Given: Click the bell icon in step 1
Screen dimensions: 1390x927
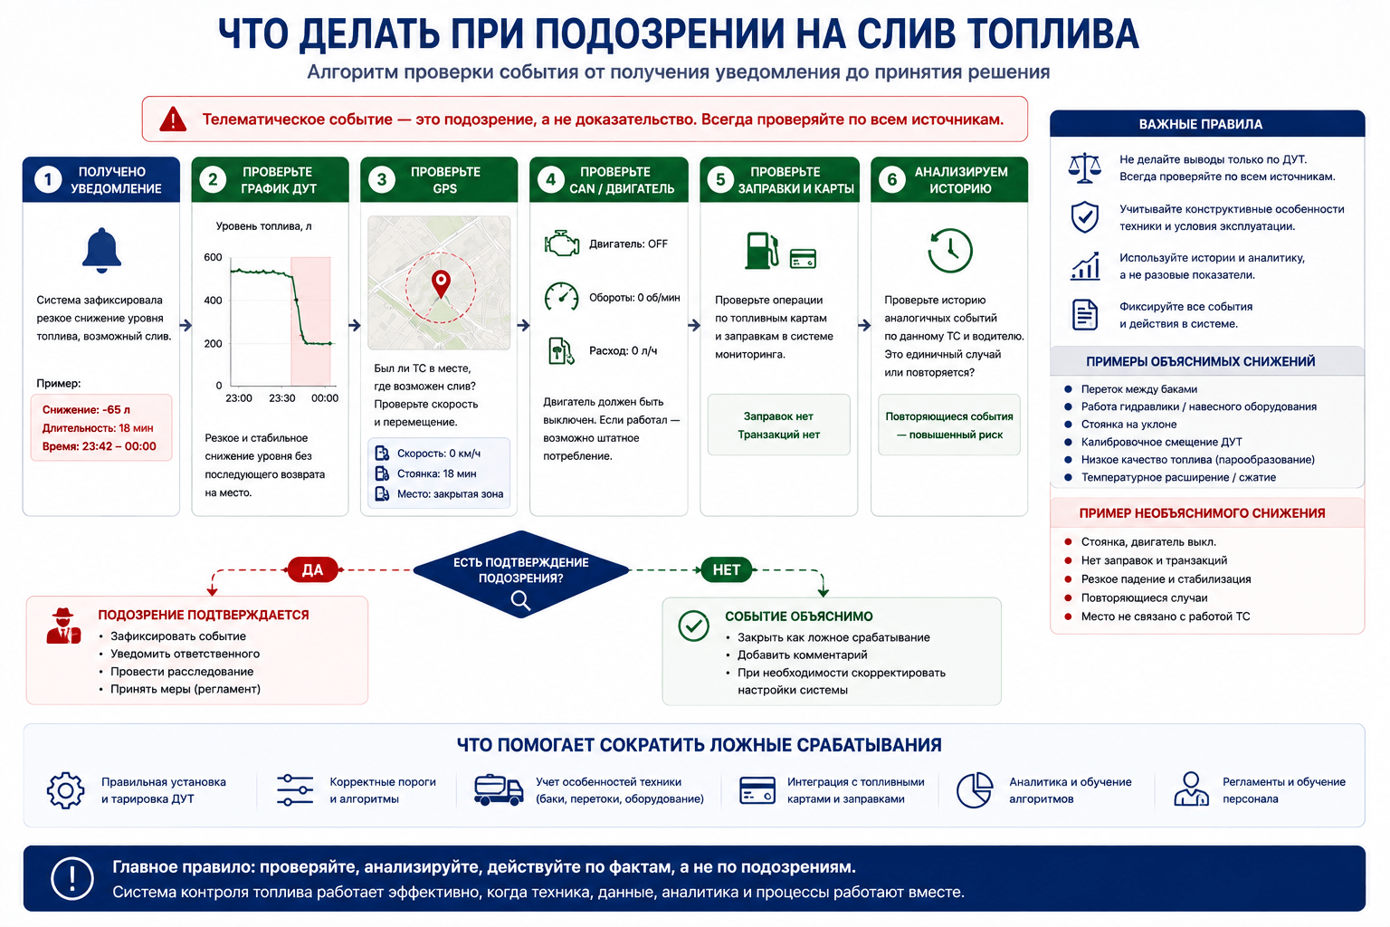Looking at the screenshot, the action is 101,250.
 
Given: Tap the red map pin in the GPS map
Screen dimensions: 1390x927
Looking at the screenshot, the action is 441,284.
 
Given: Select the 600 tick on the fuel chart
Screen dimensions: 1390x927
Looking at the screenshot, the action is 213,257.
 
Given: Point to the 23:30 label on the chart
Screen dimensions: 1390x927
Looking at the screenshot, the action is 281,398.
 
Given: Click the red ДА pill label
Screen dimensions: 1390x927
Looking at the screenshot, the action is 312,569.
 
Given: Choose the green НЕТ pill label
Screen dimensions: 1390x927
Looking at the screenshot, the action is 726,569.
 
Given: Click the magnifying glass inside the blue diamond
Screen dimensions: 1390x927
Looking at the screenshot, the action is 520,600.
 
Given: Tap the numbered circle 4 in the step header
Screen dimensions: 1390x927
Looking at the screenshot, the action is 550,180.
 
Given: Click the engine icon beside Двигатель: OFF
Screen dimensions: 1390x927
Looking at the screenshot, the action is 562,244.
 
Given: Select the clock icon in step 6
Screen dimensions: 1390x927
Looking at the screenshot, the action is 949,250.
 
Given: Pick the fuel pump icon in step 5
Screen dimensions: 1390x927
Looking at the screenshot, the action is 761,250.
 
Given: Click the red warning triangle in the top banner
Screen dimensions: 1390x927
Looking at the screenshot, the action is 173,119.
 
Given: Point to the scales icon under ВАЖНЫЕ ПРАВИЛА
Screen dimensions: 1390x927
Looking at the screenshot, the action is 1085,167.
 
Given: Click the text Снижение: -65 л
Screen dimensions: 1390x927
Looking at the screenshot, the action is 86,410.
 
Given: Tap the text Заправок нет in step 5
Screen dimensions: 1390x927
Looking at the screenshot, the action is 778,416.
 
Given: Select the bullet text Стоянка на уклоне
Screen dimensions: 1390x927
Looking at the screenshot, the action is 1128,424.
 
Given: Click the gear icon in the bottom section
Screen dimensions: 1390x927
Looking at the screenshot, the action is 65,789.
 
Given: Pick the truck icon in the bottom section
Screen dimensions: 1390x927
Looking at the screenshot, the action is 499,789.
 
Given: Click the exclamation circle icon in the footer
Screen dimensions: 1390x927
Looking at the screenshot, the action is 72,879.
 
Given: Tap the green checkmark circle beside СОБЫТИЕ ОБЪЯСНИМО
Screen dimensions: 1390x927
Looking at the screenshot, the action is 693,626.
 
